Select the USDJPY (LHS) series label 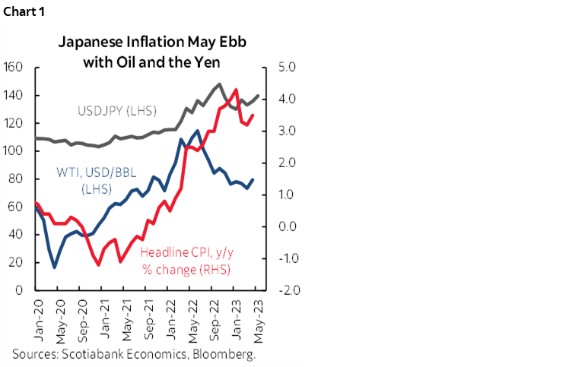click(116, 111)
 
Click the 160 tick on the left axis click(14, 67)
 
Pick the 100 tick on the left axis click(14, 150)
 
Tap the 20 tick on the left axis click(18, 262)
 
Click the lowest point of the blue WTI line click(55, 267)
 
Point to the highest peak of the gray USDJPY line click(220, 84)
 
